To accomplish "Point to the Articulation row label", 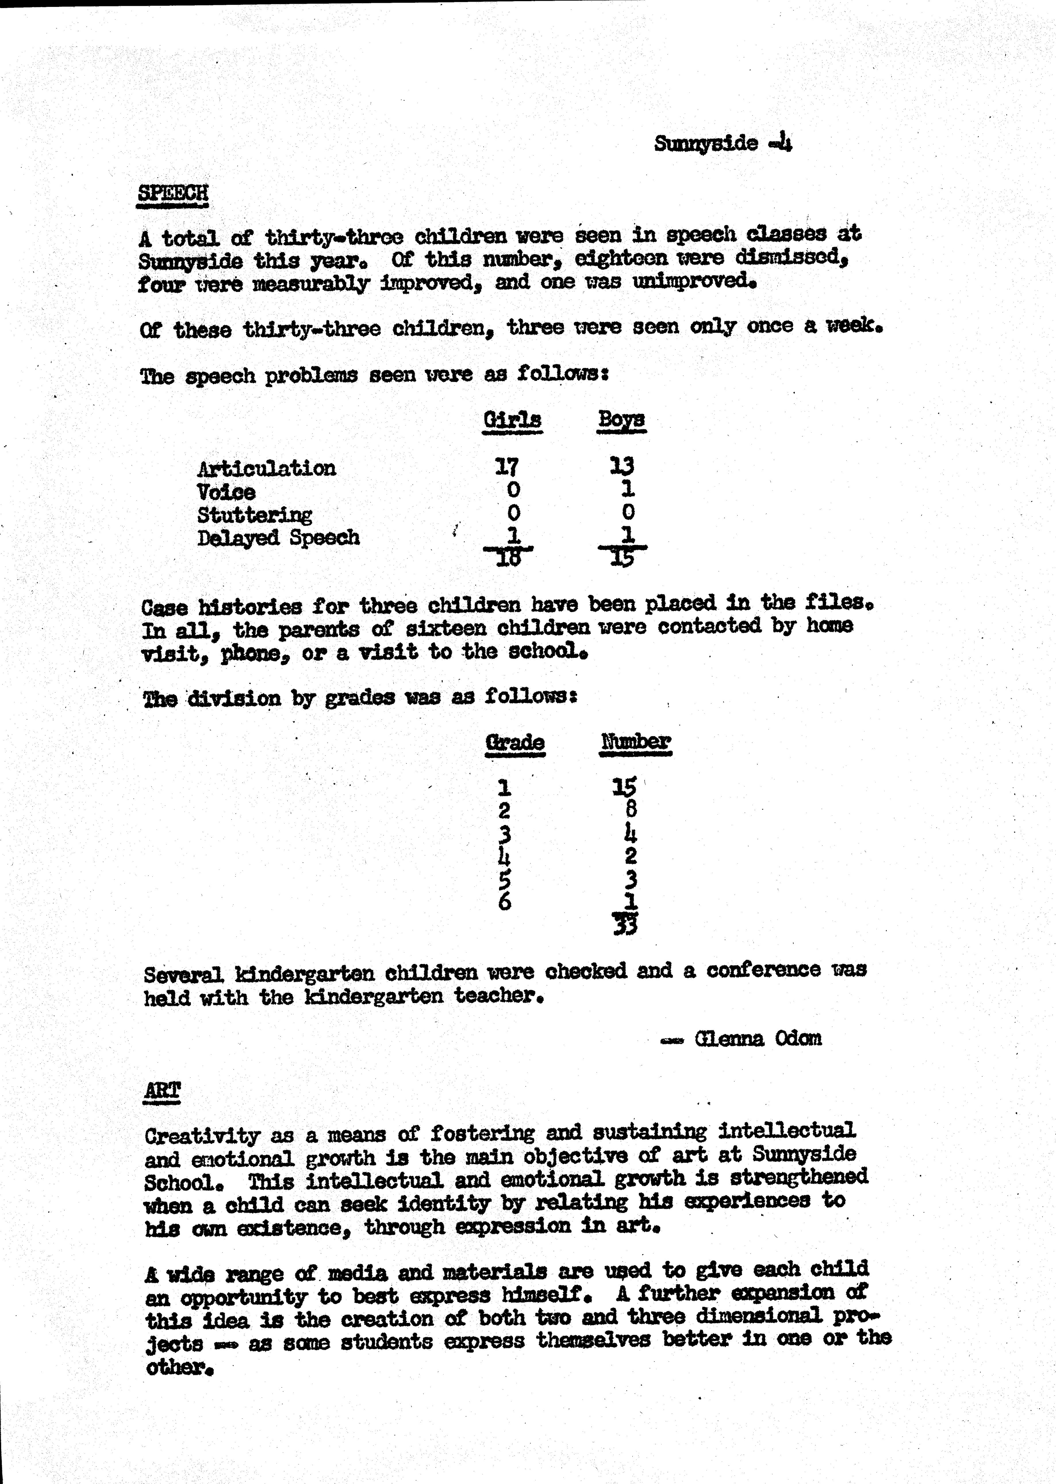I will point(267,468).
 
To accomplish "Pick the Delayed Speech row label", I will point(278,538).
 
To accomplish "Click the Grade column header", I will point(515,742).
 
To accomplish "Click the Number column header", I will point(635,742).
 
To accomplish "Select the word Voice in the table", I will point(226,492).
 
